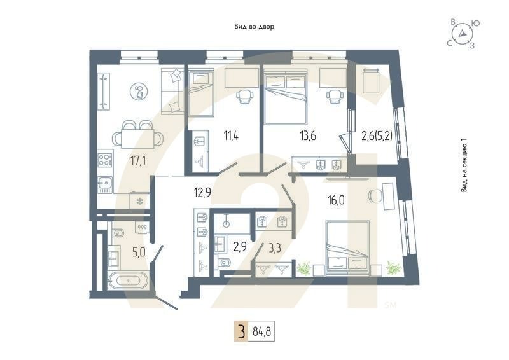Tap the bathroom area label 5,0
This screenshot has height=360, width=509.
click(x=138, y=253)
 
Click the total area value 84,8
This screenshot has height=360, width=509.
click(x=260, y=332)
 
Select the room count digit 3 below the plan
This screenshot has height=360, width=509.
click(x=241, y=332)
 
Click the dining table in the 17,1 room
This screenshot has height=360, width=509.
click(x=138, y=137)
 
